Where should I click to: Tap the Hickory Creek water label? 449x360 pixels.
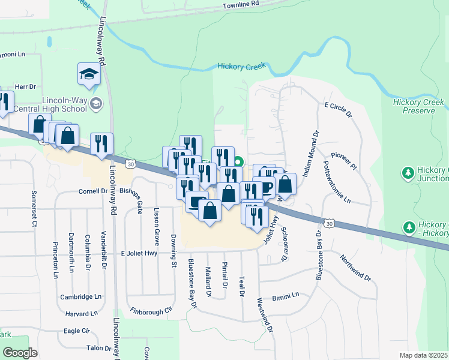coord(241,67)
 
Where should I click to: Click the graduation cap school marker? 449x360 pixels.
coord(88,74)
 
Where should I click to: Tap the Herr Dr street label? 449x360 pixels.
coord(25,87)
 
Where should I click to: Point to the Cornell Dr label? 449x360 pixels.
coord(92,191)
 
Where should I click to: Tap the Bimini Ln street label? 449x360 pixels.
coord(285,295)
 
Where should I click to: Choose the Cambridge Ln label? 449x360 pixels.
coord(80,296)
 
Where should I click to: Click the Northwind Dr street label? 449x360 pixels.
coord(356,268)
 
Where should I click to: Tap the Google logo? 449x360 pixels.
coord(20,353)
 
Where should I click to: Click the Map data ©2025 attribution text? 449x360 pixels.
coord(423,355)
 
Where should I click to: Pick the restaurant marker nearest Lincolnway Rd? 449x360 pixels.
coord(101,144)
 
